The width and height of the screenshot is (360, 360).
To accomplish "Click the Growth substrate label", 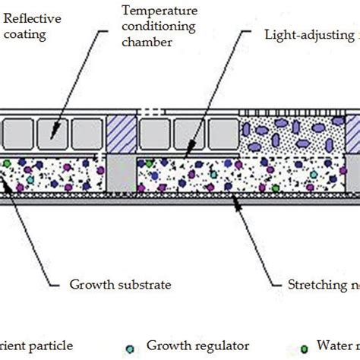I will point(121,285).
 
